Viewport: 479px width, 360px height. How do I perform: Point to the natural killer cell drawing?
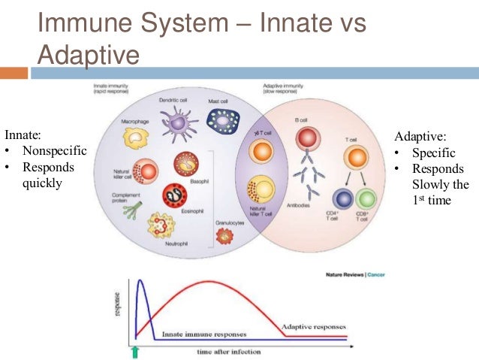pos(145,171)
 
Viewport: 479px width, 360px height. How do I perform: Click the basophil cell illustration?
pos(185,165)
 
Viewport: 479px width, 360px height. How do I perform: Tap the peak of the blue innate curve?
pos(140,280)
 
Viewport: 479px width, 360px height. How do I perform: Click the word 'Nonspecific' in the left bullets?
pos(54,151)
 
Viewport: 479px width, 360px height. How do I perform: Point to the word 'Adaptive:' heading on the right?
pos(420,138)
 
